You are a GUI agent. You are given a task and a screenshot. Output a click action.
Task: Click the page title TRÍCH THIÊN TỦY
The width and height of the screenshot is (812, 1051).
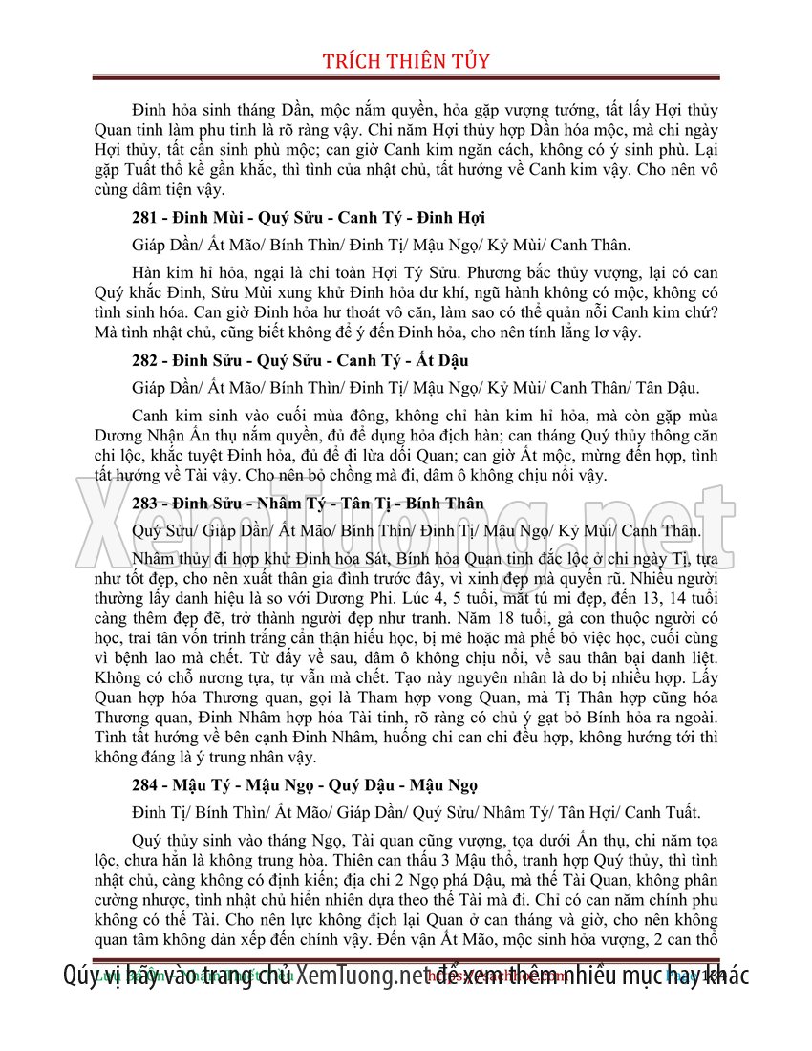pos(406,61)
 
